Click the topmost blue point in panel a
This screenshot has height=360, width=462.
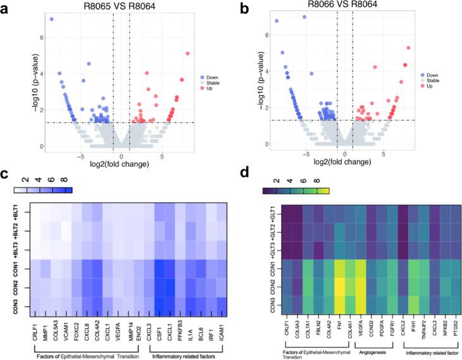point(52,19)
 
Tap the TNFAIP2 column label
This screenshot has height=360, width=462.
point(417,328)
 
